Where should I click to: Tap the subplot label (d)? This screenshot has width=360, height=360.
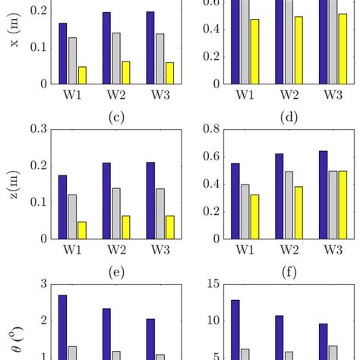point(288,116)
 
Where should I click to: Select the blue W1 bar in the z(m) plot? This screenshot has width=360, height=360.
point(63,207)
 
